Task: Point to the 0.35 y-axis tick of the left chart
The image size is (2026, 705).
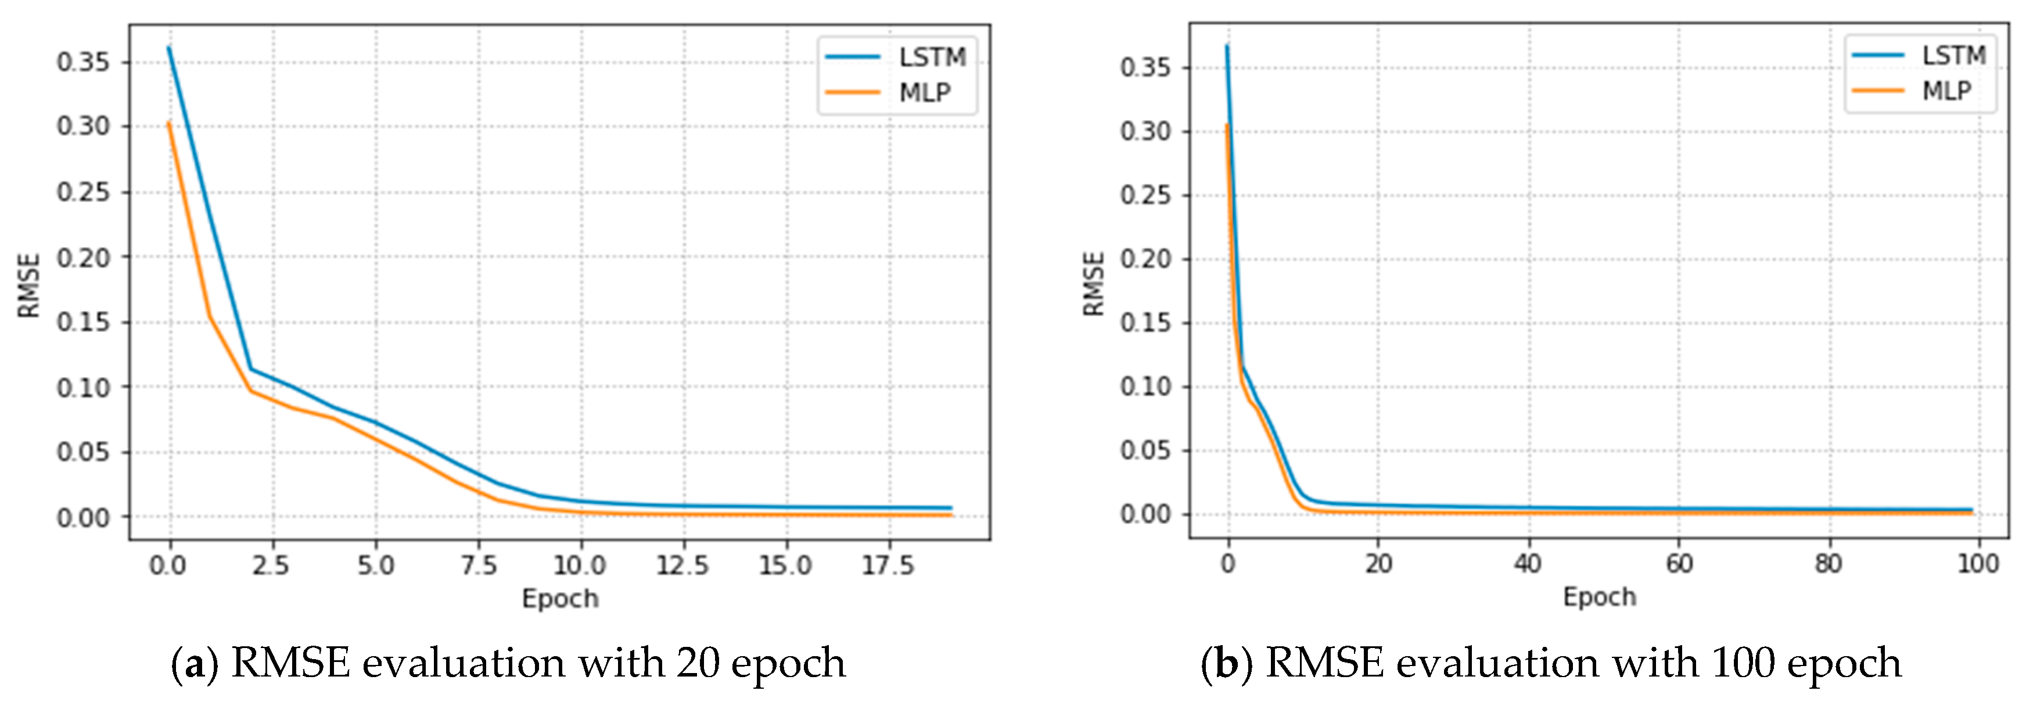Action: click(x=82, y=62)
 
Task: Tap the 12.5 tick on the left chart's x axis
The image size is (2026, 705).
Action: click(x=682, y=565)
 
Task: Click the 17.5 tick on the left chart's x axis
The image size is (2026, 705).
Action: click(x=888, y=565)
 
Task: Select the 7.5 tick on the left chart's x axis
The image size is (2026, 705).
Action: click(x=478, y=565)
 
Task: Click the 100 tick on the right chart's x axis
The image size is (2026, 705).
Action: click(x=1978, y=563)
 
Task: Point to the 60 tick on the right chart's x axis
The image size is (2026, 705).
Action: click(x=1679, y=563)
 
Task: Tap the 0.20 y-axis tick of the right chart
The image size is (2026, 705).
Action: click(x=1145, y=259)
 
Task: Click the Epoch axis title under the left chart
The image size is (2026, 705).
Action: click(x=560, y=599)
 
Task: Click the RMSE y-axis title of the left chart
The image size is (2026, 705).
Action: click(x=29, y=285)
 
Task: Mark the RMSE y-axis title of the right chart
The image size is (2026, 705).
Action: click(x=1094, y=283)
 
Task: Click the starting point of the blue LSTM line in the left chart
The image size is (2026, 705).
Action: click(x=169, y=48)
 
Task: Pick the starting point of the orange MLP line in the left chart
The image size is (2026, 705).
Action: click(x=169, y=123)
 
